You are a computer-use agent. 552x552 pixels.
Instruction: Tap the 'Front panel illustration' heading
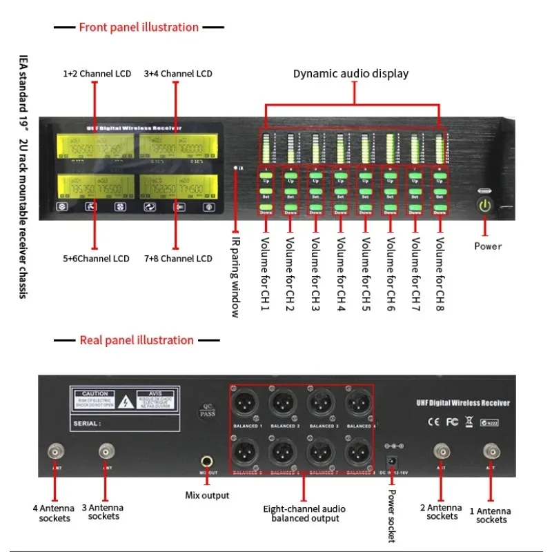click(x=139, y=28)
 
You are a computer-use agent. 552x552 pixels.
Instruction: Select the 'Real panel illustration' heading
click(x=137, y=340)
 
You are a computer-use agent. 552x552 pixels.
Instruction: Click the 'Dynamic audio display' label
click(x=351, y=74)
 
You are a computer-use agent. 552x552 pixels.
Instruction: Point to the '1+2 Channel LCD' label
click(x=97, y=74)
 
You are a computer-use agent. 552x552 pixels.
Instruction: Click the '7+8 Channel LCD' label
click(x=178, y=259)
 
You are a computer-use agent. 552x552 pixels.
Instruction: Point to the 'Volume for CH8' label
click(x=440, y=273)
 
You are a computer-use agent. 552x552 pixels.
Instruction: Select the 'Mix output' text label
click(x=207, y=495)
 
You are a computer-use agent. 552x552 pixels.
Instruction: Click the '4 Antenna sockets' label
click(x=55, y=513)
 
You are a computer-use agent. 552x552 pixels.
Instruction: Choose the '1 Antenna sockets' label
click(x=491, y=515)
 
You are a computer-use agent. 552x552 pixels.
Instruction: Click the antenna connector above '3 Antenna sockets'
click(x=106, y=452)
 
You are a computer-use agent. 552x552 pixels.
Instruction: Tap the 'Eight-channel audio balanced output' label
click(x=304, y=513)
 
